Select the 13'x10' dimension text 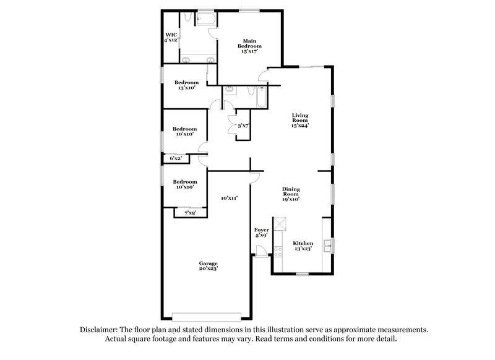pos(186,88)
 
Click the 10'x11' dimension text pos(229,198)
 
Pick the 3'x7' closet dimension pos(243,126)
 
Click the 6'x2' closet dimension pos(176,158)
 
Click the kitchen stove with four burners pos(278,247)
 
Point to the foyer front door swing pos(261,251)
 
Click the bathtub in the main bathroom pos(205,20)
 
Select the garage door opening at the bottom pos(207,314)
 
